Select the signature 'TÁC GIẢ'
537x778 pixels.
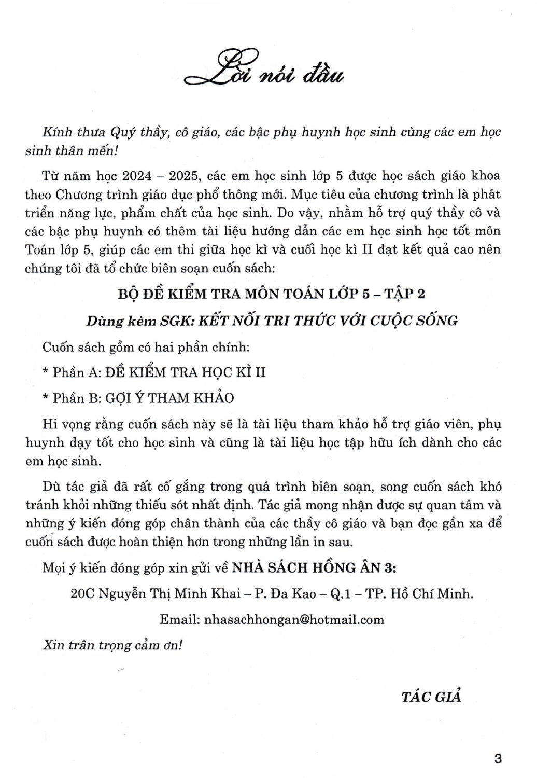(x=431, y=697)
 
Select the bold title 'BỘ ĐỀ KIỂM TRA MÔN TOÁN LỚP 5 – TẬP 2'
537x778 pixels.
(x=271, y=294)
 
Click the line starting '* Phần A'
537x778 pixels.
(x=154, y=372)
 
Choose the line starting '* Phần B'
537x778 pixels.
(x=138, y=398)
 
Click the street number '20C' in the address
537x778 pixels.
(x=82, y=593)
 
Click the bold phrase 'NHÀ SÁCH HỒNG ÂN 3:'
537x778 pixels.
(x=314, y=567)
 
